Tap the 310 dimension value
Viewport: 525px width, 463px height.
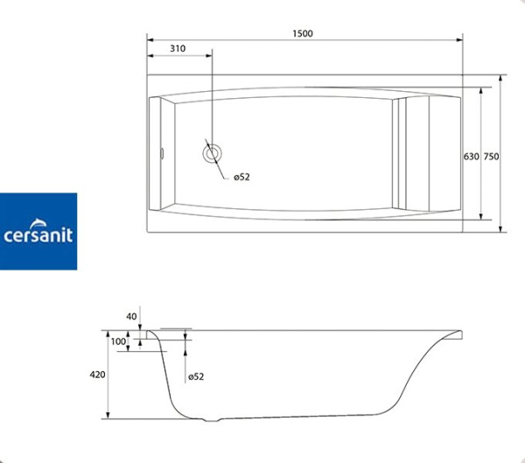[178, 49]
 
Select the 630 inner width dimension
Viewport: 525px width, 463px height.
[471, 157]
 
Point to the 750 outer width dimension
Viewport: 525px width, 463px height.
[491, 157]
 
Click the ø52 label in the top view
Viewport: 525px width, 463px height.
[241, 177]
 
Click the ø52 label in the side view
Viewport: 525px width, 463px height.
[196, 376]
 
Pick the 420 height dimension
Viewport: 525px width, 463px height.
[97, 375]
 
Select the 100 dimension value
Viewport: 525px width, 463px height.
[119, 341]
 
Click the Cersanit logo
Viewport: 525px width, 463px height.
[38, 231]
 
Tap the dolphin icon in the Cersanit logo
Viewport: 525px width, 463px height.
[45, 219]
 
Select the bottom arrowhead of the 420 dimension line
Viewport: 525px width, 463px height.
[108, 413]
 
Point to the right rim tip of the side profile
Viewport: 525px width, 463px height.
[461, 333]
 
